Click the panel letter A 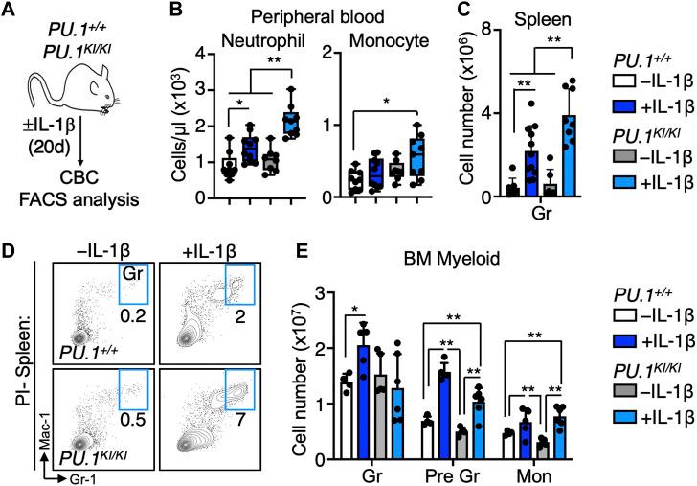tap(10, 12)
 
